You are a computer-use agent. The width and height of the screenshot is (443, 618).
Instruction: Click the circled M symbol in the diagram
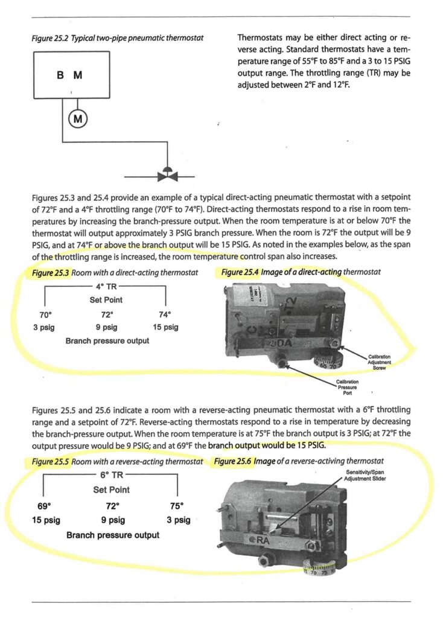point(77,118)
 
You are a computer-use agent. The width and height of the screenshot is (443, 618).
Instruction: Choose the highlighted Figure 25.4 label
point(240,273)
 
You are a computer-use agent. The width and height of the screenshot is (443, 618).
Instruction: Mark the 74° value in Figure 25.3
point(164,314)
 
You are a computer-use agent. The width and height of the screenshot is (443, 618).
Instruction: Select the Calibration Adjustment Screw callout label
point(380,362)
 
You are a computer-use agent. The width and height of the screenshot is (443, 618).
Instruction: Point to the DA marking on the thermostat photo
point(283,343)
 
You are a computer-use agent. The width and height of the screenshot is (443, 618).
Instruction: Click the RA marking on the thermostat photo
point(264,541)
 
